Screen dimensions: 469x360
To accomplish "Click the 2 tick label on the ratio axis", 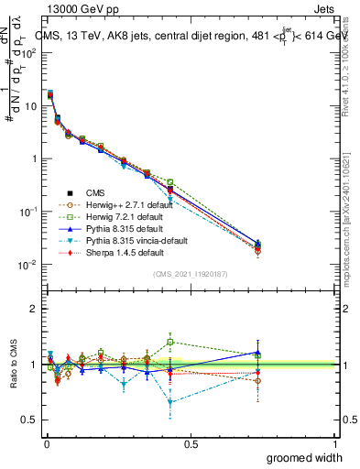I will (34, 309).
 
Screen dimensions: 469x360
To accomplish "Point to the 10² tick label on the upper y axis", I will (29, 52).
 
